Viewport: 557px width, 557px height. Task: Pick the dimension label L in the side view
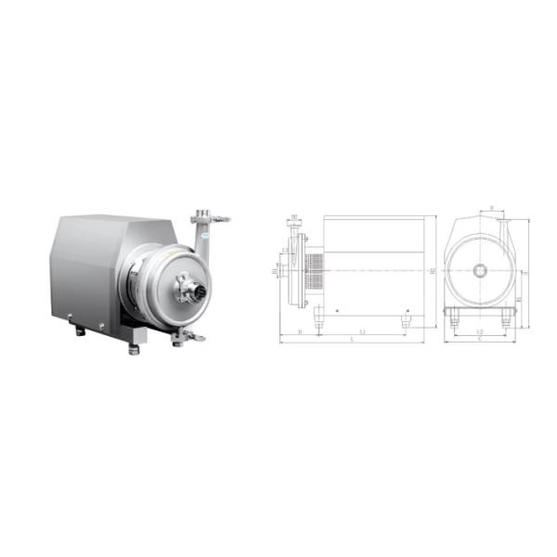click(x=353, y=341)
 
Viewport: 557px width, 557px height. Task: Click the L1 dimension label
click(x=362, y=330)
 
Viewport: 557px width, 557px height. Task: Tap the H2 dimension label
click(x=433, y=270)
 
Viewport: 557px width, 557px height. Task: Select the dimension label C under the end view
click(x=479, y=341)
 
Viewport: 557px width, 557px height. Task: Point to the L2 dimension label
click(x=479, y=330)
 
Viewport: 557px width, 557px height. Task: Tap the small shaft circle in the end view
click(x=480, y=271)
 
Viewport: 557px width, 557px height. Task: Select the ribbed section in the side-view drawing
click(x=316, y=269)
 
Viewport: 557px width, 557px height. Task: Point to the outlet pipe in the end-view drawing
click(x=502, y=228)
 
